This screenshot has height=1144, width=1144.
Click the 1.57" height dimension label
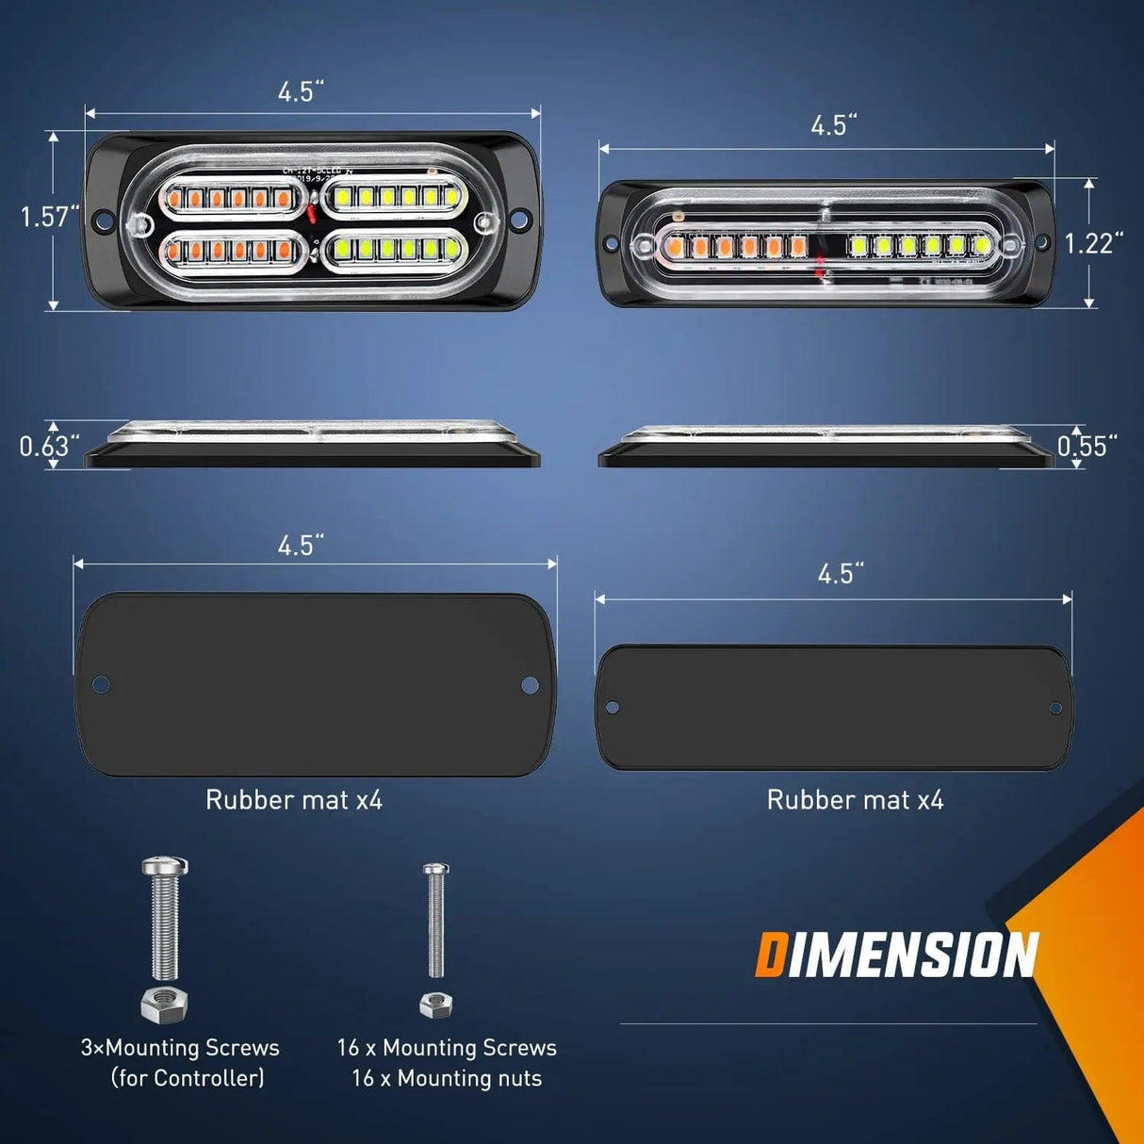(49, 217)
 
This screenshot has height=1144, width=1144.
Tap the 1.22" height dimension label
(1093, 243)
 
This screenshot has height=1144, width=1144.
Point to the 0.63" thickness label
(49, 446)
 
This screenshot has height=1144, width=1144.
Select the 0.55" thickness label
(1087, 446)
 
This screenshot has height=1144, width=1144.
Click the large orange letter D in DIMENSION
(770, 955)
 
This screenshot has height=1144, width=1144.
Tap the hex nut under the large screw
(164, 1005)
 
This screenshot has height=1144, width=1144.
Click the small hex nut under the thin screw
(435, 1005)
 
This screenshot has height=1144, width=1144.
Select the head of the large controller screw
(165, 865)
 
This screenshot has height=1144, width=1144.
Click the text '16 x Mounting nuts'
(447, 1078)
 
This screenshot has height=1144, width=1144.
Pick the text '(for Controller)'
(188, 1078)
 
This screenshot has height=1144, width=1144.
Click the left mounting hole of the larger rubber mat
(101, 685)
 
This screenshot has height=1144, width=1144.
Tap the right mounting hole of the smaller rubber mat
(1055, 708)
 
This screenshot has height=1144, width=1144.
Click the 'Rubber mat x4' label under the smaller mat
(855, 800)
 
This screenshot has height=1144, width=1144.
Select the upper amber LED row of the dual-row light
(232, 198)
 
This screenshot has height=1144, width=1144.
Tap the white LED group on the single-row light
(919, 246)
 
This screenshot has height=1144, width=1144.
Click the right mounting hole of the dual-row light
(517, 221)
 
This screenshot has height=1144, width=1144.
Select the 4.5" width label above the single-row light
(834, 125)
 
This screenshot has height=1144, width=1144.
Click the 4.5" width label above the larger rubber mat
(301, 546)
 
